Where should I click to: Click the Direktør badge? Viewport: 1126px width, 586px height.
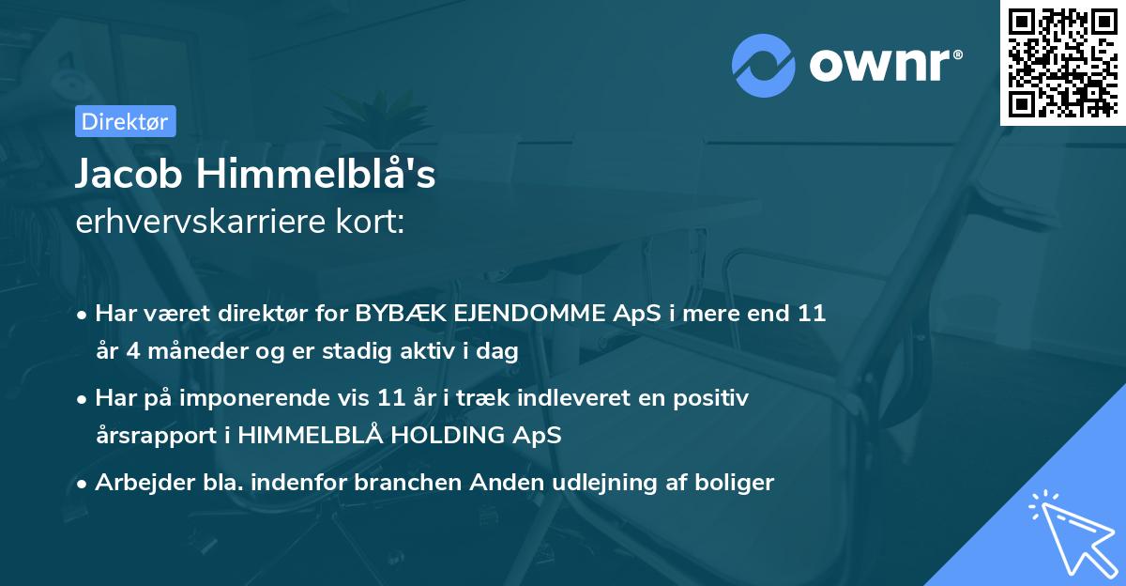point(124,121)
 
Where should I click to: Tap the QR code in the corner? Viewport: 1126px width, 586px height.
point(1063,62)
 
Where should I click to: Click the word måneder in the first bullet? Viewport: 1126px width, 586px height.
point(188,352)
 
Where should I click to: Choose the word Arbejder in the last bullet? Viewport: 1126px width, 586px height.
point(140,483)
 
